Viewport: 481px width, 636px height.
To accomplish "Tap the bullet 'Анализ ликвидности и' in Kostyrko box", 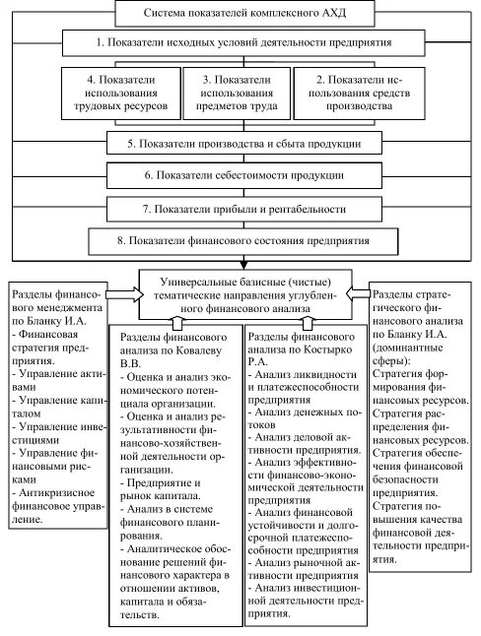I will [x=302, y=375].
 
